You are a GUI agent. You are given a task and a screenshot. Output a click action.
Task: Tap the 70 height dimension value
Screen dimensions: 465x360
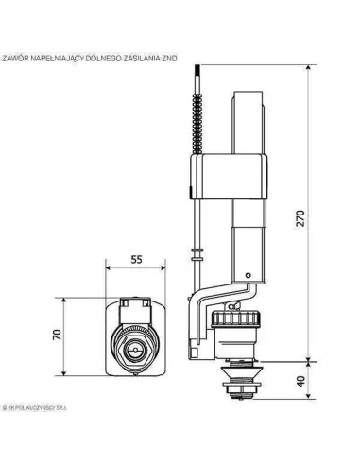pyautogui.click(x=57, y=334)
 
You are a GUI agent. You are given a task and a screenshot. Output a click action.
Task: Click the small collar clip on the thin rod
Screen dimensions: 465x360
pyautogui.click(x=197, y=254)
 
